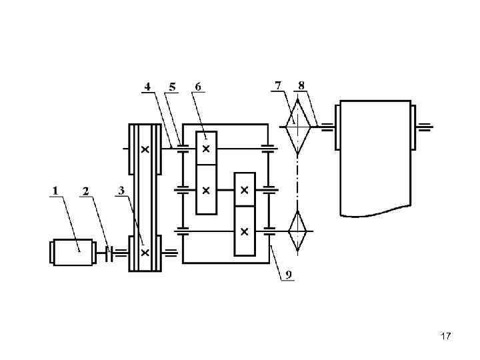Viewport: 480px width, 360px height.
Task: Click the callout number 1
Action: point(55,191)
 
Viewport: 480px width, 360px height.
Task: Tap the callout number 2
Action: point(86,191)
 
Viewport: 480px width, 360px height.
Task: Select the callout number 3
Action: point(121,191)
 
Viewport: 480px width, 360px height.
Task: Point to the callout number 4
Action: point(148,87)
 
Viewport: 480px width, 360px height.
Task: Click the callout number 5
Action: point(173,87)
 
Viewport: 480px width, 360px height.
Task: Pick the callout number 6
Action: point(198,87)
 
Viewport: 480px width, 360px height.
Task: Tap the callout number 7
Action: point(277,86)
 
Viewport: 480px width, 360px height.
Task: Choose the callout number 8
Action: point(301,86)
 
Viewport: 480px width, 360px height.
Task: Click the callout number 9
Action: point(289,275)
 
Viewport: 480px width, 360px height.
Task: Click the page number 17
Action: point(446,336)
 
